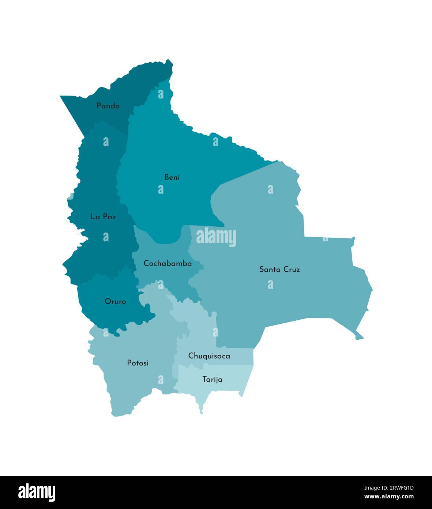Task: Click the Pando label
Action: pyautogui.click(x=108, y=106)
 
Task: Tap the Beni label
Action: pyautogui.click(x=172, y=177)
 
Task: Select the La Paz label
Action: pyautogui.click(x=103, y=217)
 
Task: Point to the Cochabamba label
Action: pyautogui.click(x=168, y=263)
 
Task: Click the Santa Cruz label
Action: pyautogui.click(x=279, y=270)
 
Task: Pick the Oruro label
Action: pyautogui.click(x=115, y=301)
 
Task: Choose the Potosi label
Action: pyautogui.click(x=138, y=363)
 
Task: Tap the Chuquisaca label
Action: pyautogui.click(x=209, y=356)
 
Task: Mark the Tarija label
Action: pyautogui.click(x=213, y=379)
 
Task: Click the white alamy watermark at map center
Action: pyautogui.click(x=216, y=237)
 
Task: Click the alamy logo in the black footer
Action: pyautogui.click(x=37, y=493)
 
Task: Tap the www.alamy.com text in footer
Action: pyautogui.click(x=389, y=497)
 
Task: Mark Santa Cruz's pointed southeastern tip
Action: pyautogui.click(x=360, y=337)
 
